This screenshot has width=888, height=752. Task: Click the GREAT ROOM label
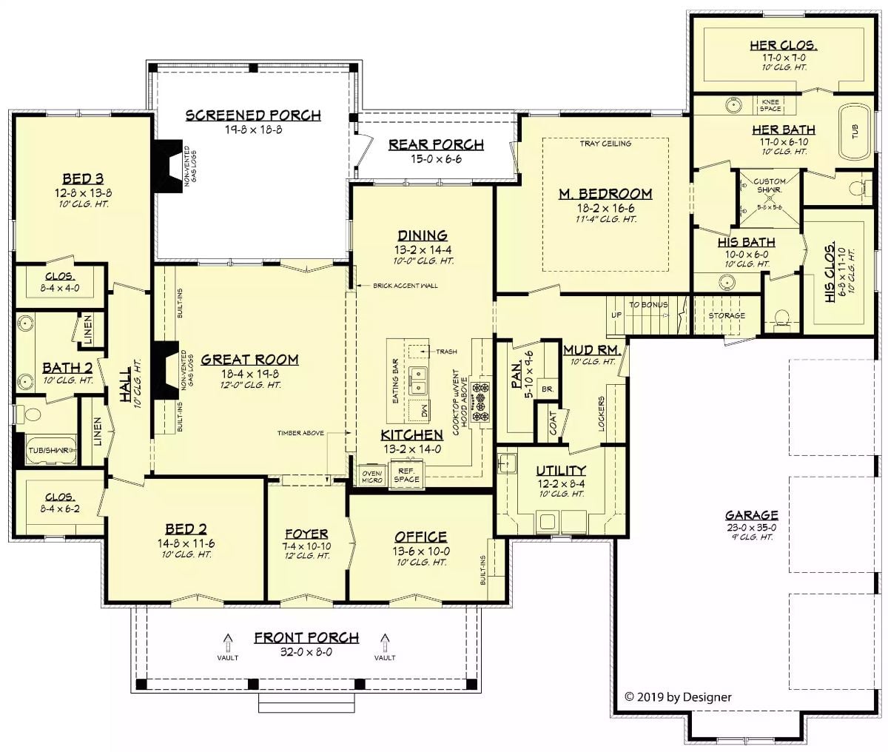coord(249,360)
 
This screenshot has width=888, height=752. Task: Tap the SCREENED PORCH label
coord(253,115)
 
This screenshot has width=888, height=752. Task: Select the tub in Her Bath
coord(855,131)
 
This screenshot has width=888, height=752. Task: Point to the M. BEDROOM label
coord(605,194)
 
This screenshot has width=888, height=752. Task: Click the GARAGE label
coord(751,515)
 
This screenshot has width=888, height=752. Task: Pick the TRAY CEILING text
coord(605,144)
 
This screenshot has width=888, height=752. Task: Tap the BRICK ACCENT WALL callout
coord(405,285)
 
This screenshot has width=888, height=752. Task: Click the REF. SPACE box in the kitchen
coord(406,474)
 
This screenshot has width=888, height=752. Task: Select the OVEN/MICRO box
coord(371,476)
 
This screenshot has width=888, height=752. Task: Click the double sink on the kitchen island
coord(419,379)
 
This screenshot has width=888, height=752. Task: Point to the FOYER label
coord(306,534)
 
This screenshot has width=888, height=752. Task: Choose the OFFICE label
coord(420,537)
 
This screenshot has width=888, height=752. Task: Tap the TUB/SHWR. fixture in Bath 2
coord(49,449)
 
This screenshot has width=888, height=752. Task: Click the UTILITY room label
coord(560,471)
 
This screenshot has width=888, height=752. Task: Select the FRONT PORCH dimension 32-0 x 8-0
coord(306,653)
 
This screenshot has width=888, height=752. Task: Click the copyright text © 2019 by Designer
coord(678,696)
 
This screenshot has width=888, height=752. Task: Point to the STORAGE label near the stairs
coord(727,316)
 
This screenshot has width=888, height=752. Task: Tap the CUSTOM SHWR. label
coord(769,185)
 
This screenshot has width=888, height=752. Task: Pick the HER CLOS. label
coord(783,46)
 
